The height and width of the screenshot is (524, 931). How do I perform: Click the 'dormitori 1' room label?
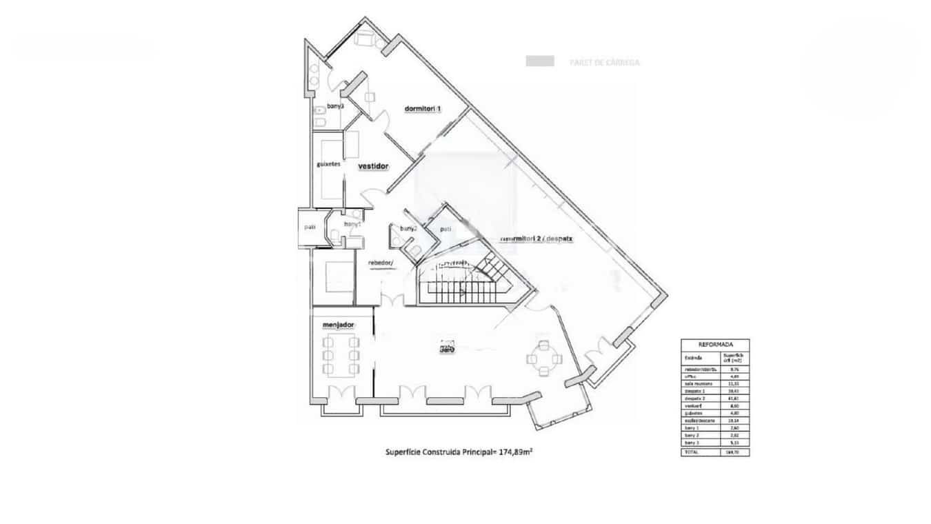(x=423, y=110)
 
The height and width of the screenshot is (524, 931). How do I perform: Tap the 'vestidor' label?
(x=374, y=167)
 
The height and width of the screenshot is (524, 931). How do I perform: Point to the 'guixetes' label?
(x=329, y=164)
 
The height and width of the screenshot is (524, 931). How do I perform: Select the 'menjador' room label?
(x=339, y=324)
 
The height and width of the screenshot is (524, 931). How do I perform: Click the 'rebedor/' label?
(x=381, y=263)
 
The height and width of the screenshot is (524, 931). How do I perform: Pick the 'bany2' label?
(x=408, y=229)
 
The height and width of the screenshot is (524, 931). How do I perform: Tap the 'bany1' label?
(x=352, y=224)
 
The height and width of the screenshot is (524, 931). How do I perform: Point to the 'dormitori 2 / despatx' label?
(x=539, y=239)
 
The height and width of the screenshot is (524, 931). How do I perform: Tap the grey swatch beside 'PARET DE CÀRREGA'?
(x=540, y=61)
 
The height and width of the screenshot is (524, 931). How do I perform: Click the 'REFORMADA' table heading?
(x=715, y=344)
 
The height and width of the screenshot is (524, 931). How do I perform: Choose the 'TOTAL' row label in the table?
(x=692, y=452)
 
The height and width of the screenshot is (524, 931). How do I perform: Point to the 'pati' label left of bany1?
(x=310, y=227)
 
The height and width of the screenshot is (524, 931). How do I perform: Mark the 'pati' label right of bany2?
(x=446, y=229)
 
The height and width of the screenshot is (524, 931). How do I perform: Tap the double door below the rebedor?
(x=394, y=301)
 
